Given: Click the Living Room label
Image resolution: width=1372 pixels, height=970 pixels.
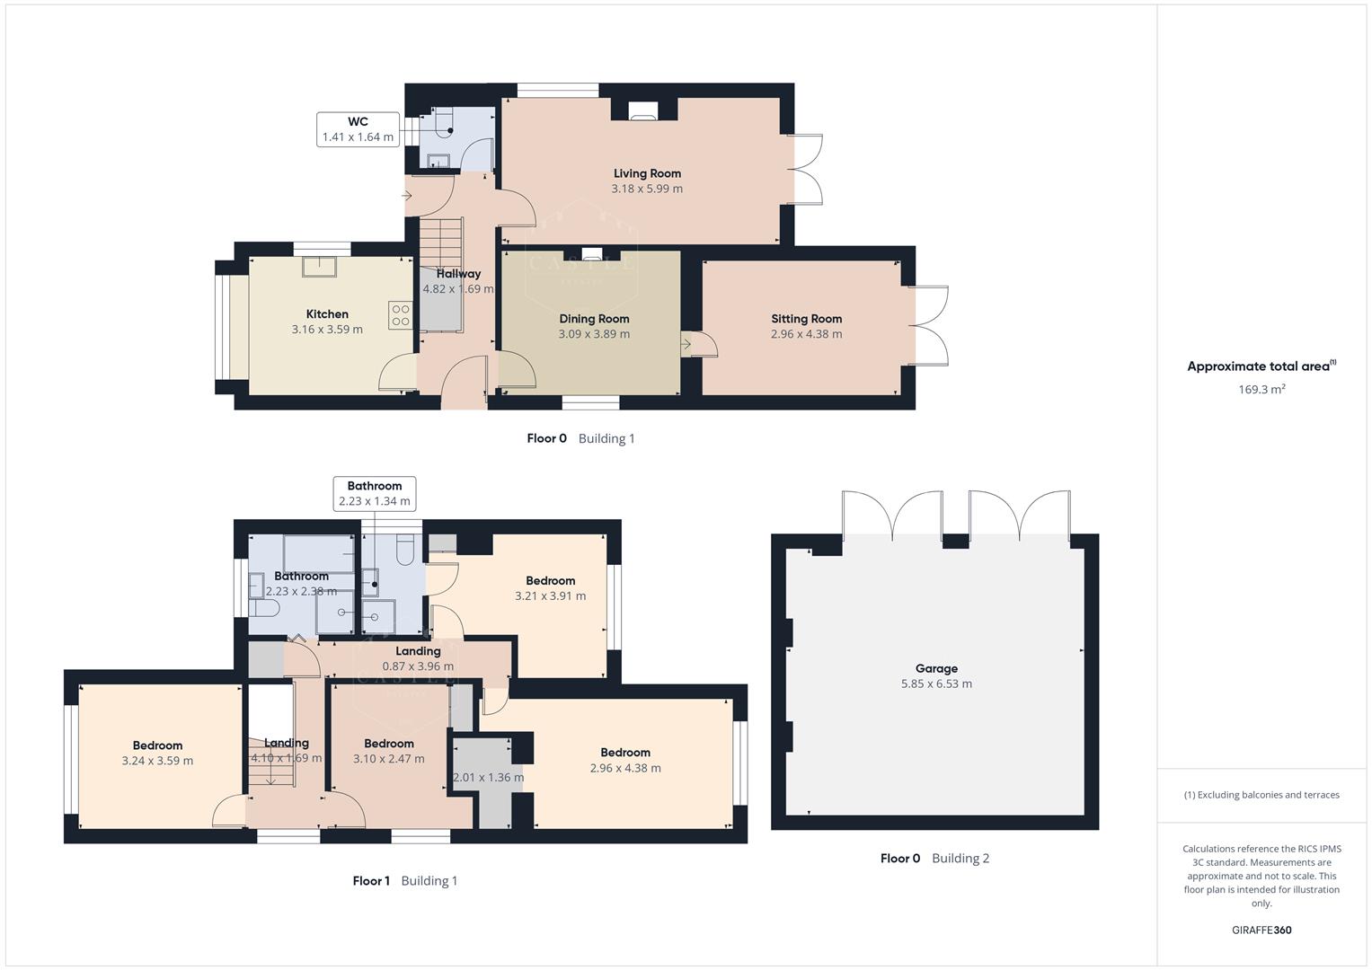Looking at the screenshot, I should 647,173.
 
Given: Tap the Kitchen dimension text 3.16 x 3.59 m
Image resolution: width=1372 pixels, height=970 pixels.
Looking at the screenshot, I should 327,330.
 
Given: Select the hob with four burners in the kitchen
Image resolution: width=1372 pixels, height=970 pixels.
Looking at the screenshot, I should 401,315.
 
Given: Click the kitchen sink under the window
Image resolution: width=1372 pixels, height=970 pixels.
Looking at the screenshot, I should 320,267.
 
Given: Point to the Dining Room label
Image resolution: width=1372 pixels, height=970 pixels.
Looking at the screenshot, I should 594,319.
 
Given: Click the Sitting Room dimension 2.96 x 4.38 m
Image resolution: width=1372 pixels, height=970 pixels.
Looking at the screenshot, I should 806,334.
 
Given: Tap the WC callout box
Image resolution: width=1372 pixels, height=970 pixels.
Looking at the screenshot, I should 358,129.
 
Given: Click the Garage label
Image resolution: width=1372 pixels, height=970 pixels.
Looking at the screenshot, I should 936,668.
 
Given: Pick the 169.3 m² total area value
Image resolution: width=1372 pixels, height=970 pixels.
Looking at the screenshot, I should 1261,390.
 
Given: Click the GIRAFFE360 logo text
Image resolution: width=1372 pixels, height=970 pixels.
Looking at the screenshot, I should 1261,930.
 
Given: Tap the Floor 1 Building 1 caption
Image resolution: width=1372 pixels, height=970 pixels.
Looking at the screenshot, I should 404,881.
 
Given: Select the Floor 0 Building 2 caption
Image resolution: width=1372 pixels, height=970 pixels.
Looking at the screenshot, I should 934,859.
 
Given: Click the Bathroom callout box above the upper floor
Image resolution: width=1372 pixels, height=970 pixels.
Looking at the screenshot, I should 375,494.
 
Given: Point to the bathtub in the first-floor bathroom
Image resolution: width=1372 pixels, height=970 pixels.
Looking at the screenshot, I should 319,551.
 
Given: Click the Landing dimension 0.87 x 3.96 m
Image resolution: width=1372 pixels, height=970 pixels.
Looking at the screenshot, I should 418,666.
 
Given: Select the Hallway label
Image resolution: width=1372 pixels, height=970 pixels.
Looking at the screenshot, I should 458,274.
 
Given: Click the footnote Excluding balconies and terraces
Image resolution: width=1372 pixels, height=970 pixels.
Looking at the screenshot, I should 1261,795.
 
